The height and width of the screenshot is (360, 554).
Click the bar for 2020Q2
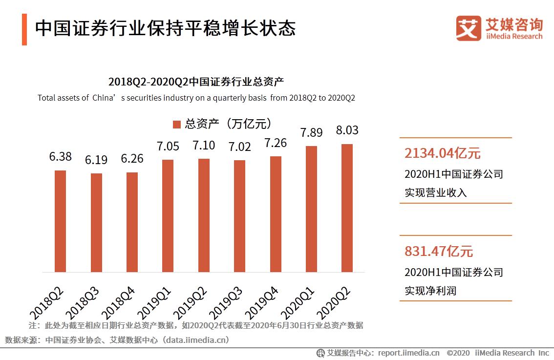[x=347, y=208]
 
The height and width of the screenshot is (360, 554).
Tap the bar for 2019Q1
[x=168, y=215]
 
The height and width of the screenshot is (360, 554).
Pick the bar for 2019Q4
[x=276, y=214]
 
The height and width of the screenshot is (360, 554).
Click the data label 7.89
[x=311, y=133]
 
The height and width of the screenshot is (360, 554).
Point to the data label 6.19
[x=96, y=160]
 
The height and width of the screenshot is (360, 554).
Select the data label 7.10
[x=203, y=146]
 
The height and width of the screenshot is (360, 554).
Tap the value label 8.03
[x=347, y=130]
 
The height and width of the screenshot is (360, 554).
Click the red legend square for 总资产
[x=176, y=124]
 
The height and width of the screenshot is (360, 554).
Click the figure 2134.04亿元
[x=442, y=153]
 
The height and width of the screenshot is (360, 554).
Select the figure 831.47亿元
[x=438, y=252]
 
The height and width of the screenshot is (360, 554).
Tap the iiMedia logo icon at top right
[x=469, y=28]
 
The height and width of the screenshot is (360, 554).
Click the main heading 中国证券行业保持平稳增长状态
[x=165, y=28]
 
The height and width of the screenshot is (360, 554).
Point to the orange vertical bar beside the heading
[x=24, y=30]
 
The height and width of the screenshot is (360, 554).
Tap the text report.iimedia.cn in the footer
[x=408, y=353]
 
